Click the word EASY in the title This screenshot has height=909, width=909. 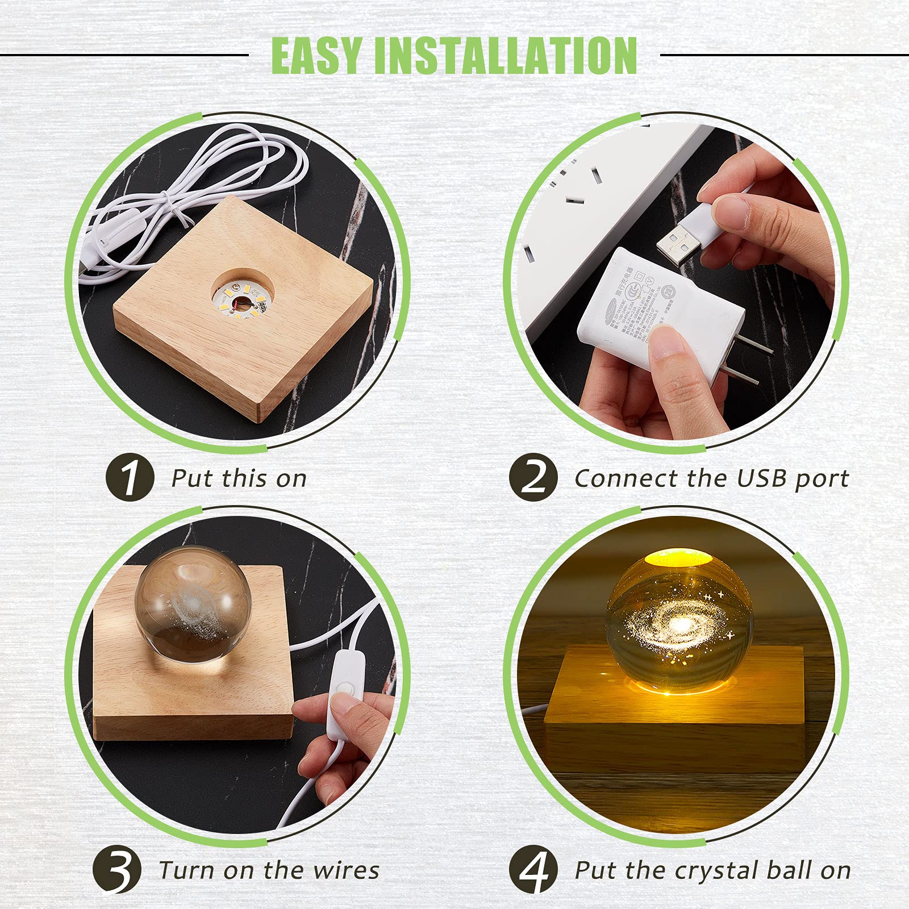(316, 56)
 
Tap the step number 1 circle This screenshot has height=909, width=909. (130, 477)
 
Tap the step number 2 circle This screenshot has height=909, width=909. (533, 477)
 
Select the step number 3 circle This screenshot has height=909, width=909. (116, 870)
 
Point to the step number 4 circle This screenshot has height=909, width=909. (533, 870)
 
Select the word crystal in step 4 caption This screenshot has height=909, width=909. (717, 871)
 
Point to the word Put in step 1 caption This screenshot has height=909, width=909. (192, 478)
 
